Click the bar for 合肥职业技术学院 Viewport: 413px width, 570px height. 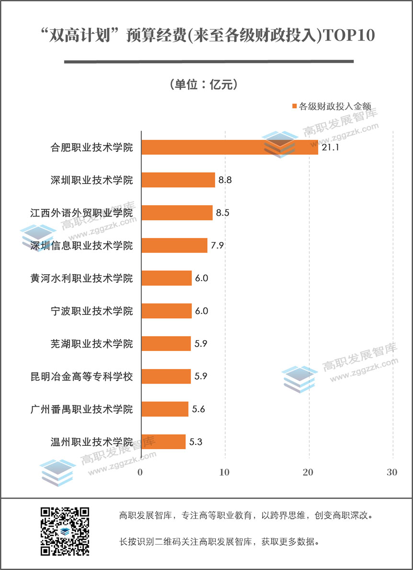pyautogui.click(x=229, y=147)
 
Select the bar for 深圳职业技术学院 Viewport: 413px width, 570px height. pyautogui.click(x=178, y=180)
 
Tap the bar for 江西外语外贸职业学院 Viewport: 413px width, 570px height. pyautogui.click(x=177, y=213)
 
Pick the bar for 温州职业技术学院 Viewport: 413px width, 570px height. pyautogui.click(x=163, y=442)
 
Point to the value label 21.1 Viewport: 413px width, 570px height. pyautogui.click(x=331, y=148)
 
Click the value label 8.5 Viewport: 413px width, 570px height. pyautogui.click(x=223, y=213)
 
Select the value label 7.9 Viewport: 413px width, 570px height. pyautogui.click(x=218, y=245)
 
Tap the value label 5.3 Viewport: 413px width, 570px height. pyautogui.click(x=196, y=442)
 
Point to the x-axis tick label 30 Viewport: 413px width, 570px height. pyautogui.click(x=392, y=472)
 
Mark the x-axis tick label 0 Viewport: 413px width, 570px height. pyautogui.click(x=140, y=472)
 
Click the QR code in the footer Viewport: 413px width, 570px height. pyautogui.click(x=65, y=531)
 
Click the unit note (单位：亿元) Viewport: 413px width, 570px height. pyautogui.click(x=204, y=85)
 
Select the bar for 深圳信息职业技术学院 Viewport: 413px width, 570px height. pyautogui.click(x=174, y=245)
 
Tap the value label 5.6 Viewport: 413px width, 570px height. pyautogui.click(x=199, y=409)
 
